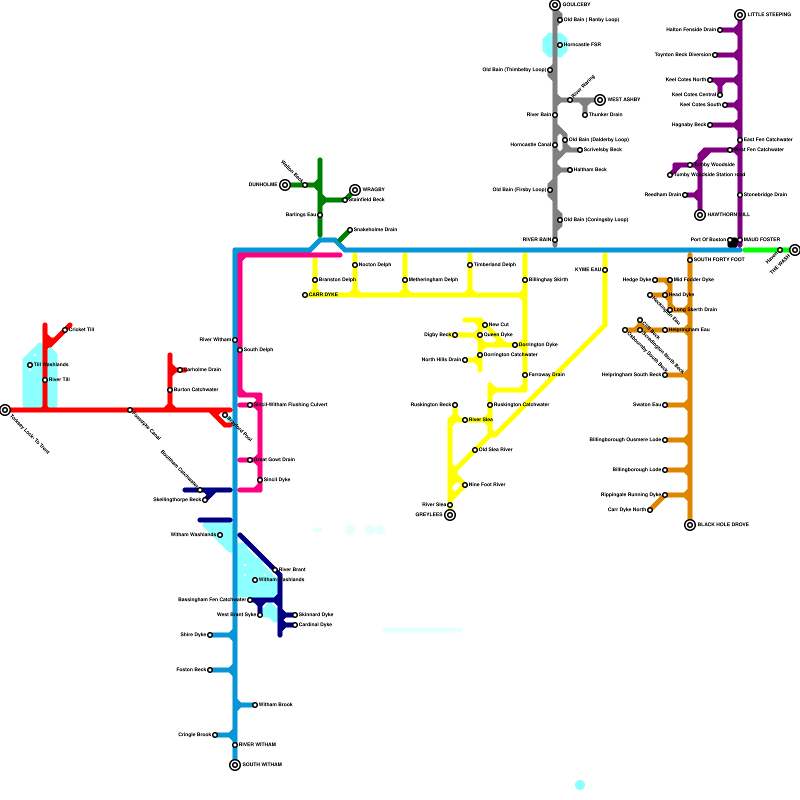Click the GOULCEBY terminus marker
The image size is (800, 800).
555,5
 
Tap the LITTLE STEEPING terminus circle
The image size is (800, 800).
740,15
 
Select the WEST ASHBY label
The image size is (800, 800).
623,100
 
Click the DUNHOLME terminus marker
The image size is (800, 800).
285,185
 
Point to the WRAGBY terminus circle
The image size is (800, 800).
355,190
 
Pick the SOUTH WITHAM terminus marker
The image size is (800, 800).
235,765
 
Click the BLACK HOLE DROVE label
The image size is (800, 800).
723,525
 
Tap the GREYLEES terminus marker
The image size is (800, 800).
450,515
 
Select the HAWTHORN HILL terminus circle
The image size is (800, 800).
700,215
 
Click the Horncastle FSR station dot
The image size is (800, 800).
560,45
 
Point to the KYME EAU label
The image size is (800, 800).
588,270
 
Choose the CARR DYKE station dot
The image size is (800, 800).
305,295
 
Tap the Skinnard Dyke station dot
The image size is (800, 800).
295,615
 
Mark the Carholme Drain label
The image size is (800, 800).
202,370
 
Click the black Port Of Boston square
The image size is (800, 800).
733,242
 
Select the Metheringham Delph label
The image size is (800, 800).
433,280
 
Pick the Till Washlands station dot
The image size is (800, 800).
30,365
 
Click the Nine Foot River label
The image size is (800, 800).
487,485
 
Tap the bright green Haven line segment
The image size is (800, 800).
760,250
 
